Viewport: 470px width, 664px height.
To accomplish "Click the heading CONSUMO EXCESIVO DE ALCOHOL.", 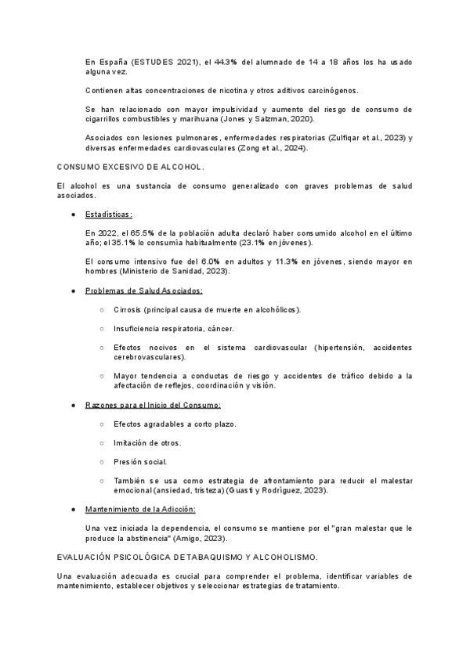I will point(131,168).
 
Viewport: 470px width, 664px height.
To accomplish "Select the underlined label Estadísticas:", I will point(109,214).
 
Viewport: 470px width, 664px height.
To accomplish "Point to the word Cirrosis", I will point(127,309).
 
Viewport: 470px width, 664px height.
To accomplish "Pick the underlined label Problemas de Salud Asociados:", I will point(143,290).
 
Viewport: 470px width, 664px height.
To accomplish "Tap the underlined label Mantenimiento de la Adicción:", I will point(140,509).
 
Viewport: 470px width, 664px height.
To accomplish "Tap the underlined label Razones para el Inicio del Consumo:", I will point(153,405).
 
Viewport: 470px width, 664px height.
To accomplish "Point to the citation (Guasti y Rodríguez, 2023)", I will point(277,490).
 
